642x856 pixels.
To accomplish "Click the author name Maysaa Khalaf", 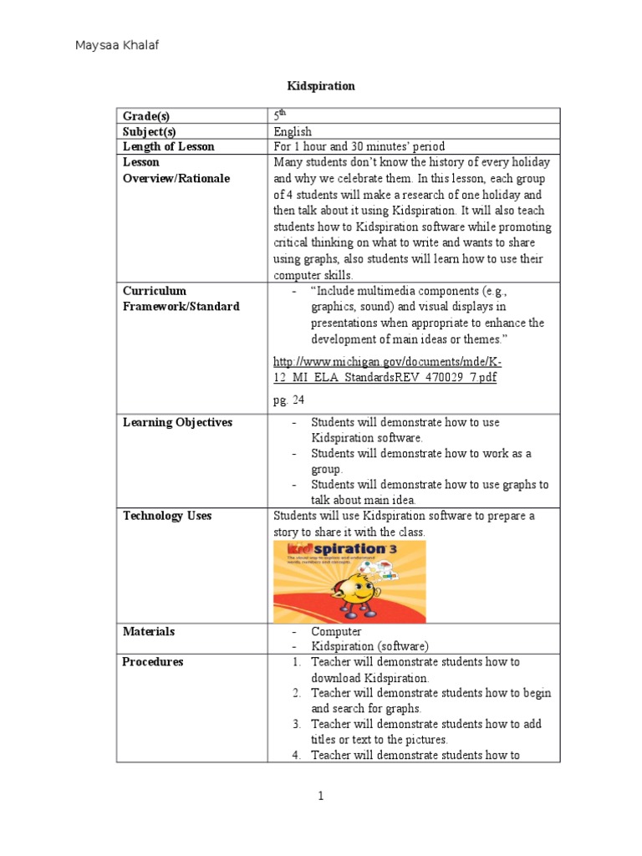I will [x=117, y=45].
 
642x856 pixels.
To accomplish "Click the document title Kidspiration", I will [x=321, y=86].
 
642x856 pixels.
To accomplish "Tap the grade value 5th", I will [x=279, y=115].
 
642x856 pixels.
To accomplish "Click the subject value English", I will [x=293, y=131].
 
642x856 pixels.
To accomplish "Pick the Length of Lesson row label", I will [x=168, y=147].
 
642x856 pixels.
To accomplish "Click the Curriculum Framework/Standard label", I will [x=181, y=298].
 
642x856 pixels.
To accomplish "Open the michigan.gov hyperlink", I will [x=388, y=369].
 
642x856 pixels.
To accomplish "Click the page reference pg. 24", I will [x=288, y=400].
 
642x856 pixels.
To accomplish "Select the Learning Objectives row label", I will [x=177, y=423].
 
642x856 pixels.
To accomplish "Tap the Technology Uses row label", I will [x=167, y=517].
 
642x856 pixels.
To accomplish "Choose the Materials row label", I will [x=149, y=632].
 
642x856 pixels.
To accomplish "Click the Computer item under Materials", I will [x=336, y=632].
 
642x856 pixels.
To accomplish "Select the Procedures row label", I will [x=152, y=662].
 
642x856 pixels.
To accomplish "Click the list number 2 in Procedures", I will [x=297, y=694].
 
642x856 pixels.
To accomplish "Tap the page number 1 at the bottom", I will [x=320, y=797].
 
